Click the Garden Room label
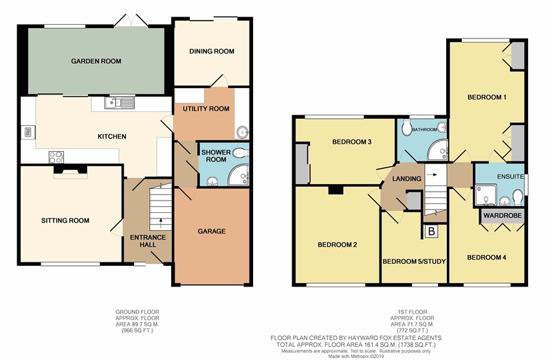pyautogui.click(x=96, y=61)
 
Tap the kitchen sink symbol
pyautogui.click(x=119, y=102)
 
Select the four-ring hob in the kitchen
pyautogui.click(x=56, y=157)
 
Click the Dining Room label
pyautogui.click(x=212, y=51)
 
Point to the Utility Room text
pyautogui.click(x=206, y=109)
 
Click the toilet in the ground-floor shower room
pyautogui.click(x=241, y=153)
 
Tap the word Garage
pyautogui.click(x=212, y=232)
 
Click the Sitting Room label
pyautogui.click(x=65, y=221)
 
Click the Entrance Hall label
pyautogui.click(x=148, y=241)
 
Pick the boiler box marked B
pyautogui.click(x=432, y=232)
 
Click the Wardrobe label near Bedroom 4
pyautogui.click(x=503, y=215)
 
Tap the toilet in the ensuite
pyautogui.click(x=518, y=197)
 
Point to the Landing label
pyautogui.click(x=407, y=179)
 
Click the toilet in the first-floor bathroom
pyautogui.click(x=407, y=128)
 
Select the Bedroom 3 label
pyautogui.click(x=352, y=142)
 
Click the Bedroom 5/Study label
pyautogui.click(x=415, y=262)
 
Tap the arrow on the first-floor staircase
pyautogui.click(x=433, y=175)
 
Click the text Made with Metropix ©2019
pyautogui.click(x=356, y=357)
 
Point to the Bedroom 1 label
pyautogui.click(x=487, y=97)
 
